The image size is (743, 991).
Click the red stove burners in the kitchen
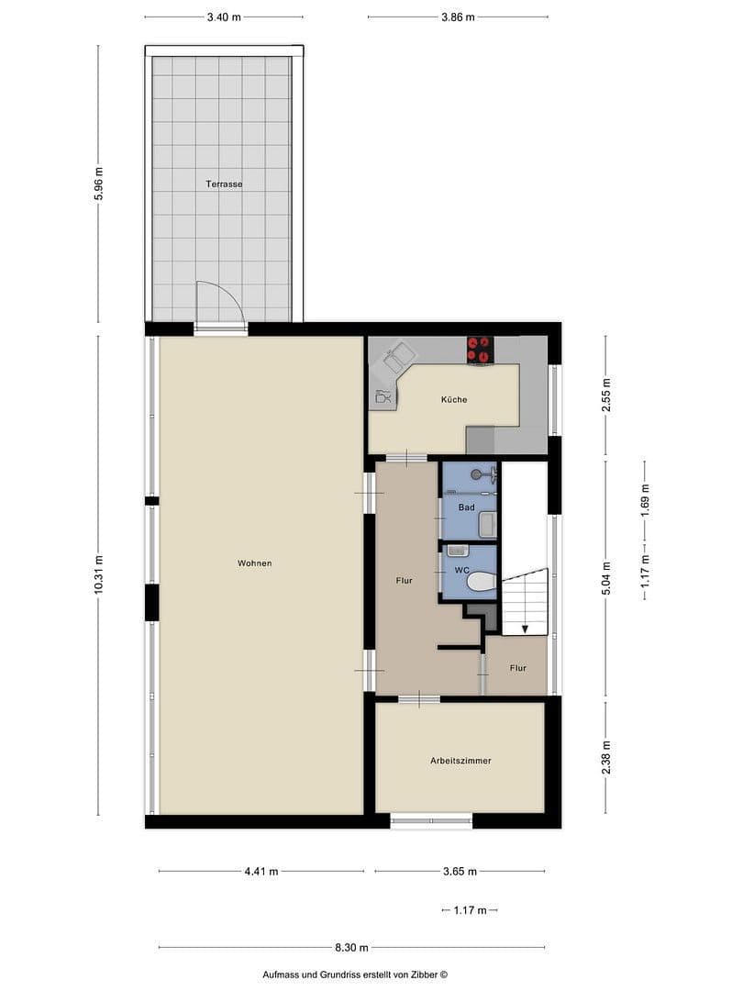tap(480, 350)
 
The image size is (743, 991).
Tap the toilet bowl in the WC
tap(481, 581)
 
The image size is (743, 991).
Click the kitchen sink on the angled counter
tap(398, 355)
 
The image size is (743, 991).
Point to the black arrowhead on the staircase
tap(524, 629)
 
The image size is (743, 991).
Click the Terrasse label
tap(224, 184)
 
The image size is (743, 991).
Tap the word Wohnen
tap(254, 562)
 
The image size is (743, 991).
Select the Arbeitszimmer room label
tap(460, 761)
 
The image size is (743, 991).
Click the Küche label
tap(453, 399)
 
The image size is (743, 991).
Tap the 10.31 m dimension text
tap(99, 575)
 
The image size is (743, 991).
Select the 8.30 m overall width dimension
tap(351, 947)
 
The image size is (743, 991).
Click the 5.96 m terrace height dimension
tap(99, 184)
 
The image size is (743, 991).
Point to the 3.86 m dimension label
tap(458, 17)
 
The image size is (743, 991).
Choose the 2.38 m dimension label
tap(605, 758)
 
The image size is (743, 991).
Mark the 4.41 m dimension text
tap(261, 871)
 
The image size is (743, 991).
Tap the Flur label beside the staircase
tap(518, 668)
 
